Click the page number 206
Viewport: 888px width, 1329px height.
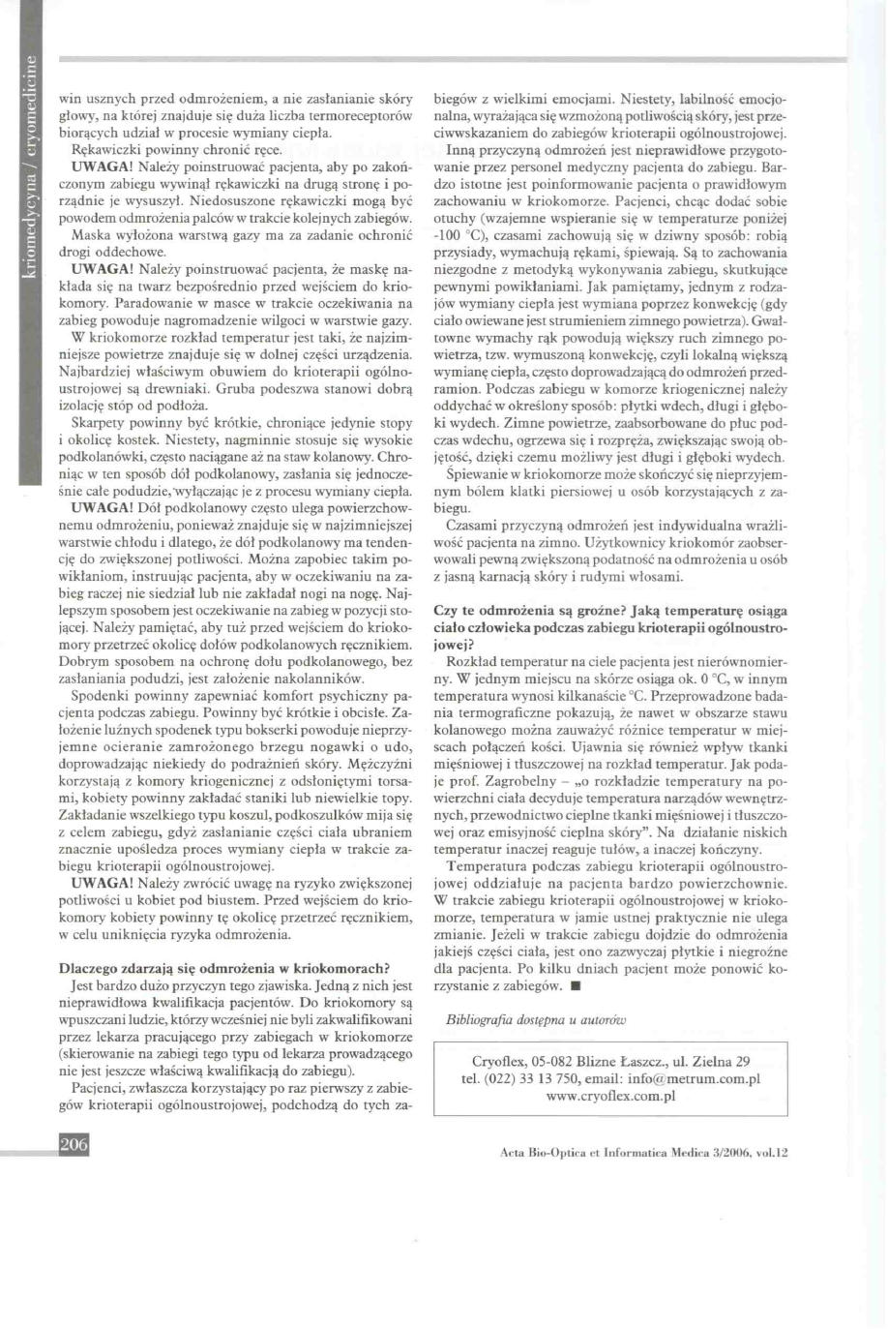click(x=74, y=1145)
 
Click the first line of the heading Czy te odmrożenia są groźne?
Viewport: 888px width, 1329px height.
click(x=610, y=611)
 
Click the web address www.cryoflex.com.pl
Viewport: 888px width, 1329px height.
click(x=610, y=1096)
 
